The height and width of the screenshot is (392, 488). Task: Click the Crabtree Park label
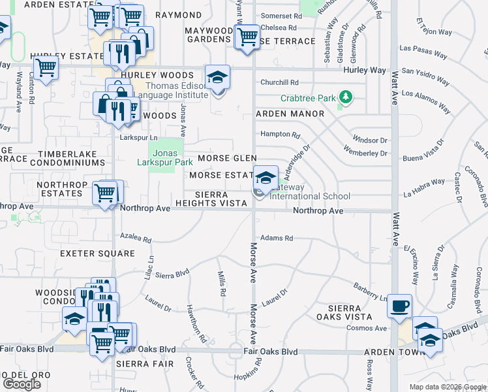308,99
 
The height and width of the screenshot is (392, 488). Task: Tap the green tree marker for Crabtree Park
345,99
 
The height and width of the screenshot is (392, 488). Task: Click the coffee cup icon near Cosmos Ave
399,305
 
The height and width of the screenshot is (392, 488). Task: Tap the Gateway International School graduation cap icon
265,178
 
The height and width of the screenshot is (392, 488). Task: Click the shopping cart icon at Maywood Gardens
247,37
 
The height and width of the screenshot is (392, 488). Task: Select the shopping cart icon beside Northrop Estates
104,193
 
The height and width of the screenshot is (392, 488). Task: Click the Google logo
22,384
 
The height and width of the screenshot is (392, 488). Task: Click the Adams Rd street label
276,238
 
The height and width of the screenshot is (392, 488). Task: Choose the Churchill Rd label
279,82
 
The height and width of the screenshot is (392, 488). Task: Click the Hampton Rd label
280,135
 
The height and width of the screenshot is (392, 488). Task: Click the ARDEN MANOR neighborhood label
290,114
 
